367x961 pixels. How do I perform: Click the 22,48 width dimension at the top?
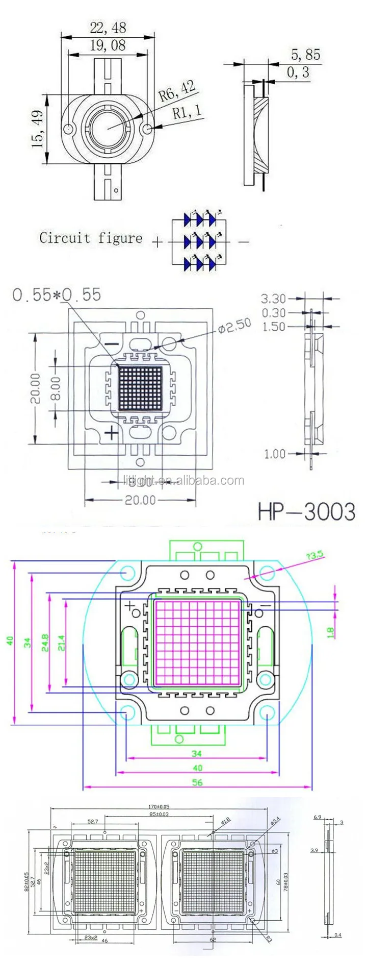(108, 28)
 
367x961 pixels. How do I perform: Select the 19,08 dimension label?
(108, 45)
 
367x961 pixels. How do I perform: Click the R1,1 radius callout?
(187, 111)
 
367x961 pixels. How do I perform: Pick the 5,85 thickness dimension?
(306, 55)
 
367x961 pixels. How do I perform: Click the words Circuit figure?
(91, 238)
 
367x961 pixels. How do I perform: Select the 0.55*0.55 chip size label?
(57, 294)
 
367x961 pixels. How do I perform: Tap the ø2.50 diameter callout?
(234, 326)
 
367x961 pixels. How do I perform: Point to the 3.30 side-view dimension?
(273, 298)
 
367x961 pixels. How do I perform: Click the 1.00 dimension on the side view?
(275, 454)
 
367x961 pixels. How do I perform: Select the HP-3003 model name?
(306, 511)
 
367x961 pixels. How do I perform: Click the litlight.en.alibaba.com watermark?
(183, 480)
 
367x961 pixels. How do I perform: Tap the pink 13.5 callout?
(314, 556)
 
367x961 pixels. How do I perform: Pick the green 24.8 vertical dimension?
(45, 642)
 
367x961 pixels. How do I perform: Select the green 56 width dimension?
(197, 782)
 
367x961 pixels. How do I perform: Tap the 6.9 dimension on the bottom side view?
(317, 817)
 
